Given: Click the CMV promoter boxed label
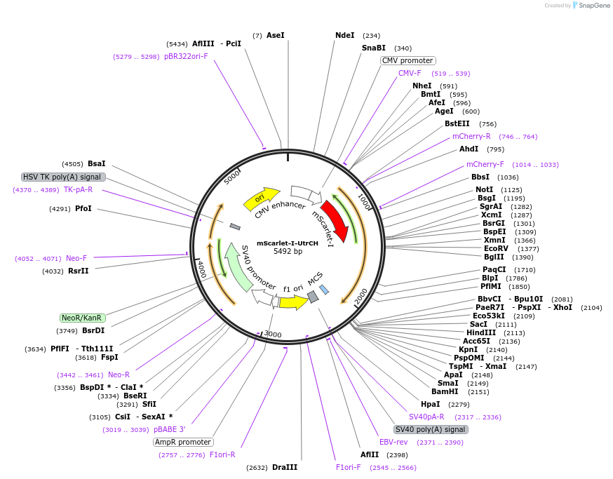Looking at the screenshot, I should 407,60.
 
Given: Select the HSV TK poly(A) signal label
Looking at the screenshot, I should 63,177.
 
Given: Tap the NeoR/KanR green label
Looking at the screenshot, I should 83,318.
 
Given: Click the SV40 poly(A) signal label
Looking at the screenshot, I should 430,429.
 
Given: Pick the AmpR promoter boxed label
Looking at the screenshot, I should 183,442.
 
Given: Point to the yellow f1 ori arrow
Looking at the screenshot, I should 292,302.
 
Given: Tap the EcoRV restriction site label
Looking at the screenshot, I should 496,248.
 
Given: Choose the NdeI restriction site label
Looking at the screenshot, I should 345,35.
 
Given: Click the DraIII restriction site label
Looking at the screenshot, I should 285,467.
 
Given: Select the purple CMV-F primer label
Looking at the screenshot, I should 410,73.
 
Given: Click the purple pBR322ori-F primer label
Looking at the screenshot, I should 186,56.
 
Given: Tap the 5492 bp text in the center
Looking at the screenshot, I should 288,251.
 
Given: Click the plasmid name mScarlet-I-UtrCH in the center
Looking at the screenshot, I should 288,243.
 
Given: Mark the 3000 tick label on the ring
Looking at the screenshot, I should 271,334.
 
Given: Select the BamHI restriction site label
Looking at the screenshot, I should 445,391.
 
